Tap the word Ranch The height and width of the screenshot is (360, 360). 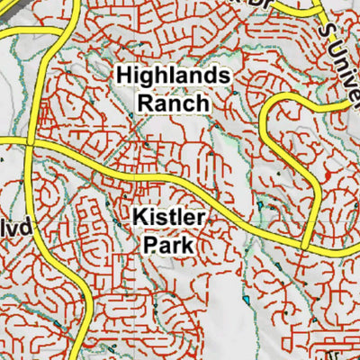[x=172, y=103]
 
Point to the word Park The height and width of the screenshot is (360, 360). [x=170, y=243]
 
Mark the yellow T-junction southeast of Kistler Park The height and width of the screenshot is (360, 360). [x=308, y=245]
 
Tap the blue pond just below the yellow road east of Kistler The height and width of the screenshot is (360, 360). [x=260, y=206]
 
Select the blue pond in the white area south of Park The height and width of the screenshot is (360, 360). [x=246, y=297]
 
